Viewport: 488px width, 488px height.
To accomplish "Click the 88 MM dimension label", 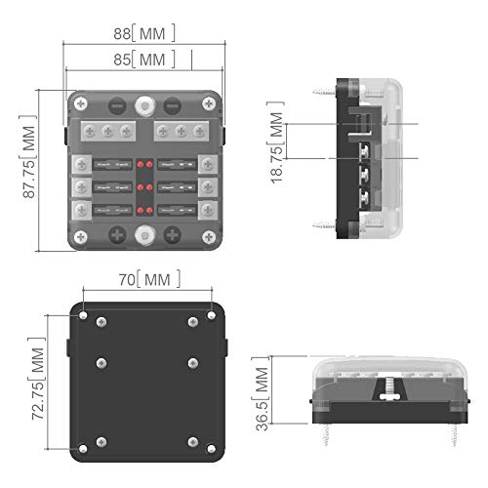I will pyautogui.click(x=143, y=33).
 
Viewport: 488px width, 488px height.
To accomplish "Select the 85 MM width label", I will pyautogui.click(x=143, y=60).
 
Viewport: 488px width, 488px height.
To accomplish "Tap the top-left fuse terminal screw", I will pyautogui.click(x=84, y=161).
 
